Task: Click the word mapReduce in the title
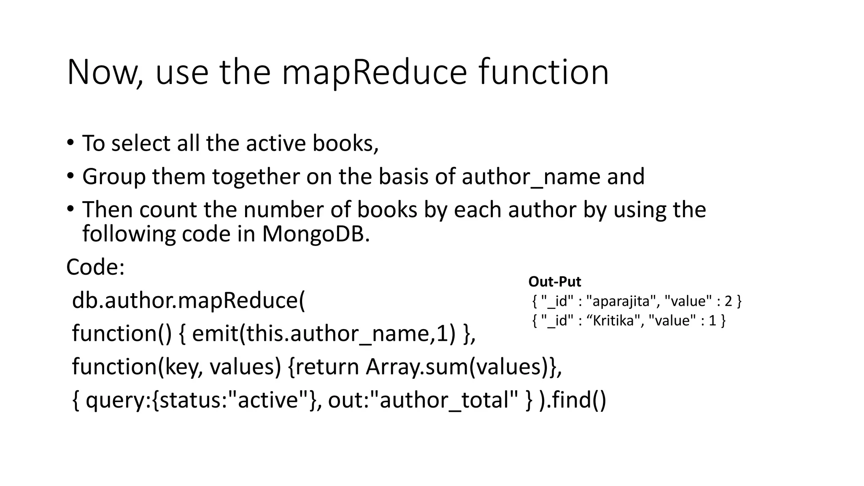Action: coord(374,73)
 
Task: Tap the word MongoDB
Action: coord(315,234)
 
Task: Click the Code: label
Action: coord(96,267)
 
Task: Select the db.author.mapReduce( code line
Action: coord(188,300)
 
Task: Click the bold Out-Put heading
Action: coord(554,281)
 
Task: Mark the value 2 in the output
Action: coord(728,301)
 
